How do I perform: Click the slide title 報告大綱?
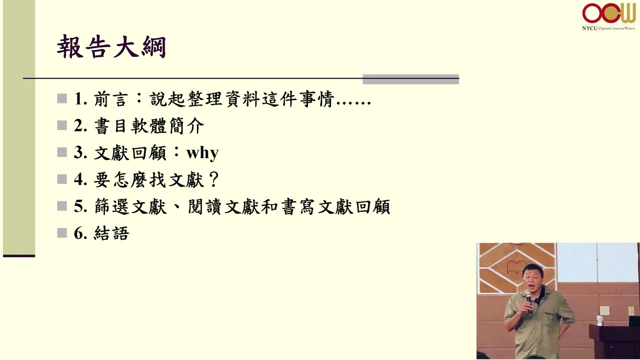tap(111, 46)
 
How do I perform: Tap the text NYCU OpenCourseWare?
tap(608, 28)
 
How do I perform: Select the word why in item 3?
tap(202, 153)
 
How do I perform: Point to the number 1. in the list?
tap(80, 98)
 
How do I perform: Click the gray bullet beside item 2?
tap(61, 125)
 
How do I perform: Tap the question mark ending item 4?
tap(213, 179)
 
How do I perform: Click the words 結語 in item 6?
tap(111, 233)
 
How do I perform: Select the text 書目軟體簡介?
tap(149, 125)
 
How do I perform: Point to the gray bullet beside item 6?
tap(61, 233)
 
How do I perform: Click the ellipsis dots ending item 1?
tap(353, 103)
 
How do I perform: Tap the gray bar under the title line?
tap(410, 79)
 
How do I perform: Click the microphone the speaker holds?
tap(528, 300)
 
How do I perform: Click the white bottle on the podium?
tap(599, 320)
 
